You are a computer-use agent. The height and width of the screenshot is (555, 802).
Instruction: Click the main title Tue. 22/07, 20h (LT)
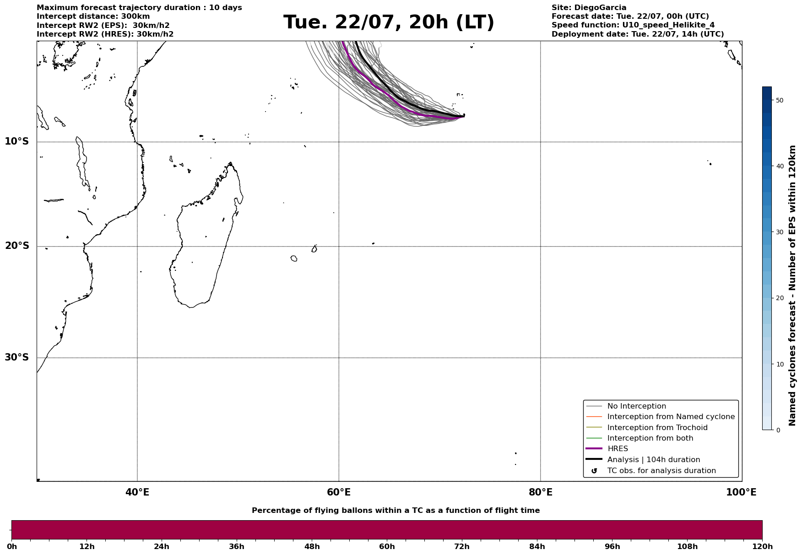click(x=389, y=22)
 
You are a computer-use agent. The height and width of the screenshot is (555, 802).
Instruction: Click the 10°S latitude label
click(x=17, y=141)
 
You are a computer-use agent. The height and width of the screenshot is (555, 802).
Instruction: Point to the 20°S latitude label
click(x=17, y=246)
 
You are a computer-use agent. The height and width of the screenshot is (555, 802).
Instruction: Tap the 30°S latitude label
click(x=17, y=357)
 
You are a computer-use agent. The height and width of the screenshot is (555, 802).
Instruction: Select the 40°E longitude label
click(x=137, y=492)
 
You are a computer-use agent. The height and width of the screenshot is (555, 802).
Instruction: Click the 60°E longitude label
click(x=339, y=492)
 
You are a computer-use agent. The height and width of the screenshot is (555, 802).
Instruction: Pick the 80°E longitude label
click(x=540, y=492)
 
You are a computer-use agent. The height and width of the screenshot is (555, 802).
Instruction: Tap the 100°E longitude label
click(x=741, y=492)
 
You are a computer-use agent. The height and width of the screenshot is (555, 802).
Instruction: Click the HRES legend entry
click(x=618, y=449)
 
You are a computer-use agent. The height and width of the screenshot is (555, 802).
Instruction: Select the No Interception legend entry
click(x=636, y=406)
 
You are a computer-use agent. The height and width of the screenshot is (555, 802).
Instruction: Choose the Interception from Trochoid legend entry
click(x=657, y=428)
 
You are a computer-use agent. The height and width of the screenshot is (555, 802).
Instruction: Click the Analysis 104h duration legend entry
click(x=653, y=460)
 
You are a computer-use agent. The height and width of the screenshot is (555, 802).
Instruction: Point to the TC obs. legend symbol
click(x=594, y=471)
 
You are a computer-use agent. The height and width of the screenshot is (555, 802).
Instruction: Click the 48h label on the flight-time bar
click(x=312, y=547)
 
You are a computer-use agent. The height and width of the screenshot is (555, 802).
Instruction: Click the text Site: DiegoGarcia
click(x=589, y=8)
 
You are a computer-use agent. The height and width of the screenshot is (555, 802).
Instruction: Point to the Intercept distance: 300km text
click(x=93, y=16)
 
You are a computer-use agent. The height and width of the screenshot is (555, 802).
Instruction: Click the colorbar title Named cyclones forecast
click(x=792, y=286)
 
